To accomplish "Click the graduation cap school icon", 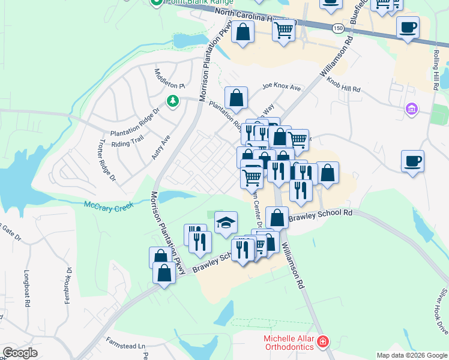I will coord(226,223).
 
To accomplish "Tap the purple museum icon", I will coord(411,109).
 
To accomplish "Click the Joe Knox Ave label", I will coord(281,88).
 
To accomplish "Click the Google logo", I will coord(20,353).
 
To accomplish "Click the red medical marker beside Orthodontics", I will coord(323,343).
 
